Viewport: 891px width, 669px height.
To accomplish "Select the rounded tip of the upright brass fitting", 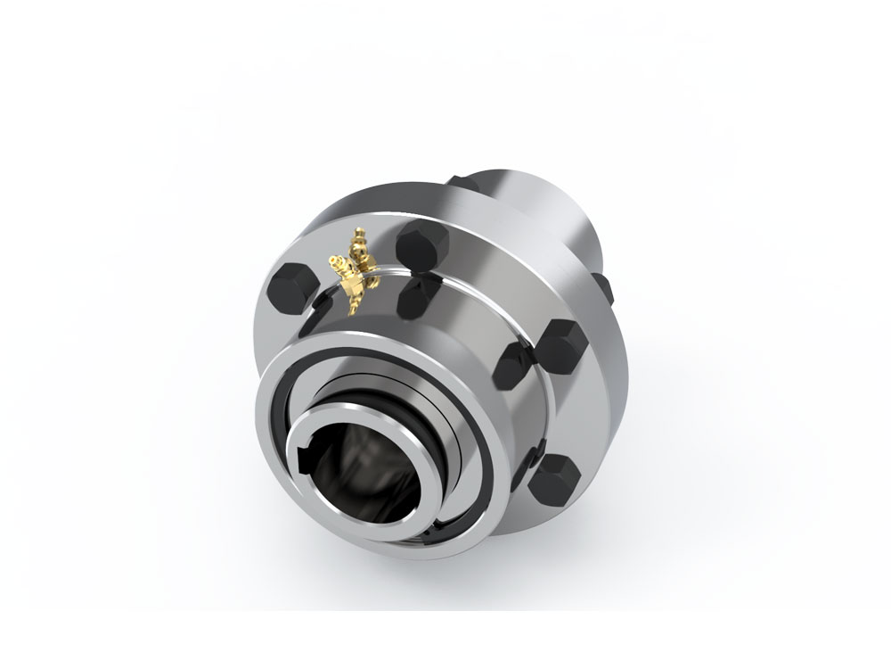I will (358, 235).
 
